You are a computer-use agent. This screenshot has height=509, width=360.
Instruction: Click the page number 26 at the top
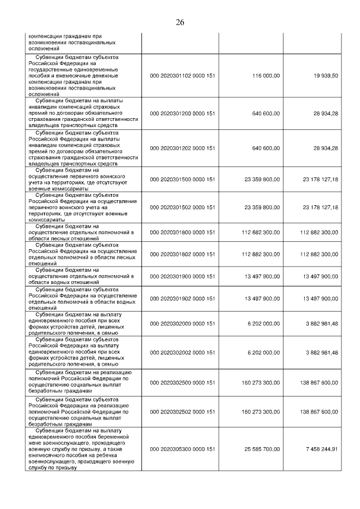tap(180, 22)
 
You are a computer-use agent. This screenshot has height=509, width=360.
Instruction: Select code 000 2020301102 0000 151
tap(183, 76)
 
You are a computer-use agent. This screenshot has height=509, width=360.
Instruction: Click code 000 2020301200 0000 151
tap(183, 113)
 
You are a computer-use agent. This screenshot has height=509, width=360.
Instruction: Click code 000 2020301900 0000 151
tap(183, 276)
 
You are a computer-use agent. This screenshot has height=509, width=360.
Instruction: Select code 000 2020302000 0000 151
tap(183, 325)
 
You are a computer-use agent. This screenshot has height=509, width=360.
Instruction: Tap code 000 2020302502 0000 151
tap(183, 412)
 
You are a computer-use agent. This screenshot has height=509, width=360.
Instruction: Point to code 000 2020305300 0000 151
tap(183, 449)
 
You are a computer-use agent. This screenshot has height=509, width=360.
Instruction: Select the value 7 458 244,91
tap(319, 449)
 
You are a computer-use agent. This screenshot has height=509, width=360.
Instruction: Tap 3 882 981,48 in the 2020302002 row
tap(319, 352)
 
